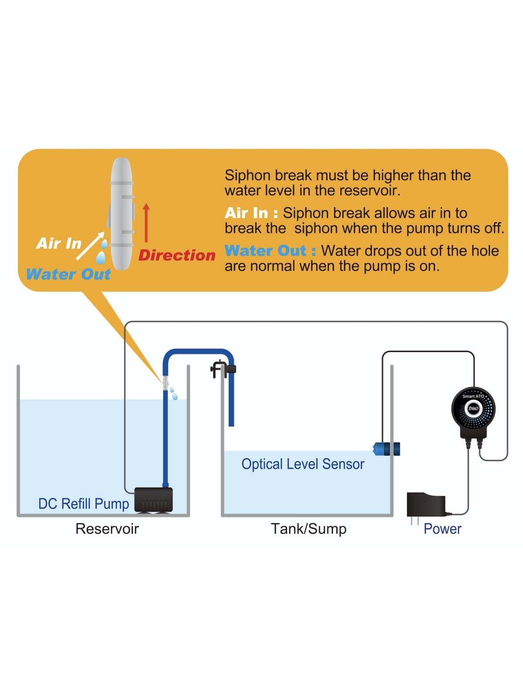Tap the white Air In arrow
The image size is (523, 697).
(x=91, y=246)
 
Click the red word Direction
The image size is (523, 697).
(x=177, y=255)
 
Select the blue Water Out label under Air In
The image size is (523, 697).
(x=68, y=274)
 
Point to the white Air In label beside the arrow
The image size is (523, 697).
(x=59, y=243)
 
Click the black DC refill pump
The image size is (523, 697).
(x=153, y=500)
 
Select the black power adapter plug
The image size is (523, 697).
(x=425, y=505)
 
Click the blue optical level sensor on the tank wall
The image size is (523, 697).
(x=387, y=449)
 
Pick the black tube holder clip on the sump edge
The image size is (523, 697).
(x=223, y=370)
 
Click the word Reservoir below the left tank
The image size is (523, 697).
(x=107, y=529)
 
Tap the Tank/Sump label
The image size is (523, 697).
(x=309, y=529)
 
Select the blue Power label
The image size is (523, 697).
(x=442, y=529)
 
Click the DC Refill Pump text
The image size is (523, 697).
(x=84, y=504)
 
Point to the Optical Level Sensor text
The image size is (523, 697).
(x=303, y=464)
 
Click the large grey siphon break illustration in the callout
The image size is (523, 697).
(x=122, y=213)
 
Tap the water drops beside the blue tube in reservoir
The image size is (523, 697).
(x=173, y=393)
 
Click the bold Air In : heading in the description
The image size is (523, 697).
(x=251, y=213)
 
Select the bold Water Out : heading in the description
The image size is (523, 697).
(x=270, y=251)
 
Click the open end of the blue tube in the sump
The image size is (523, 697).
(x=231, y=423)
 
